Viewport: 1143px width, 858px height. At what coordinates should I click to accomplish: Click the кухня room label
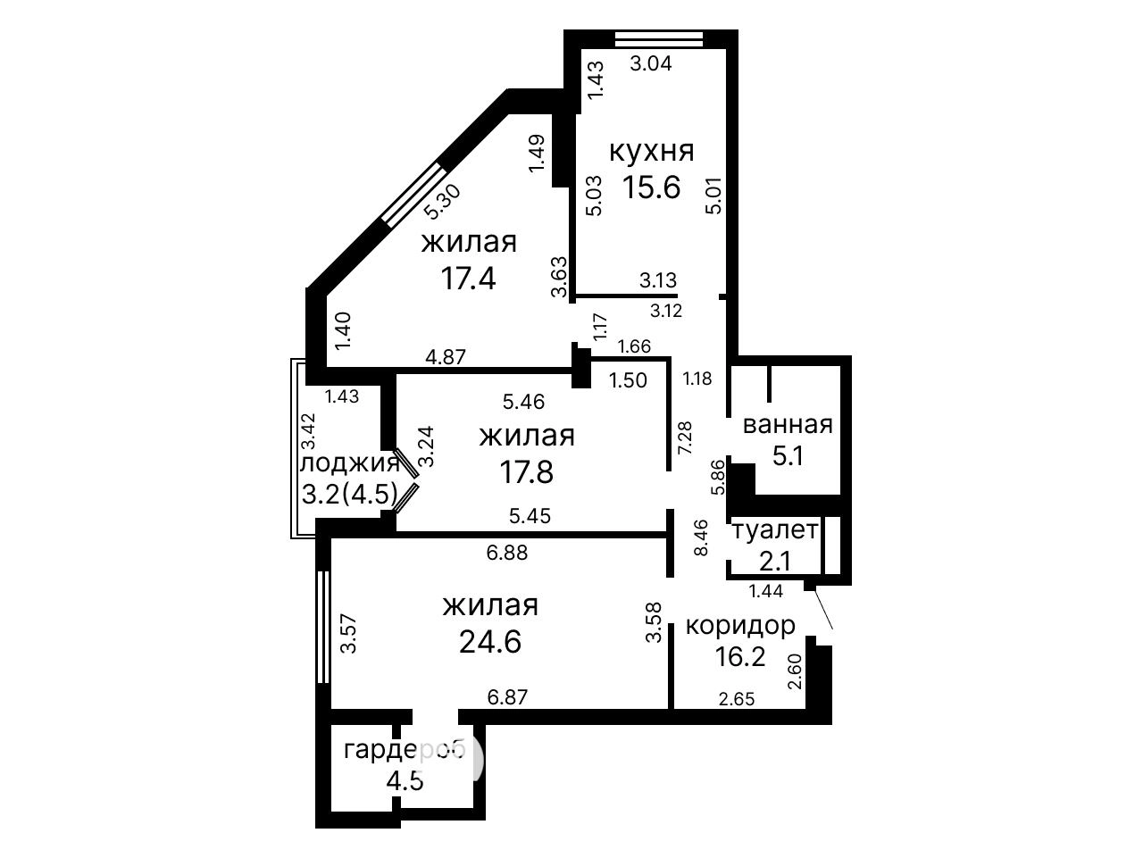[652, 152]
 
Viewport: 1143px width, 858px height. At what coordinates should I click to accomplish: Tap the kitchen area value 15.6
[652, 187]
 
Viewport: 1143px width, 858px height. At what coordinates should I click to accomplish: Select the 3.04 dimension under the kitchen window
[651, 63]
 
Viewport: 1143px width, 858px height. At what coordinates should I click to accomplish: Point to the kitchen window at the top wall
[659, 39]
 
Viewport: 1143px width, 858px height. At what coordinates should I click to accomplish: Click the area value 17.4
[468, 278]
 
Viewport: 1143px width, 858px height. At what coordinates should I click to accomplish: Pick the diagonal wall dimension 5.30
[442, 202]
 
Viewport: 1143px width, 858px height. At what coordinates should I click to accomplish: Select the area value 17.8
[527, 471]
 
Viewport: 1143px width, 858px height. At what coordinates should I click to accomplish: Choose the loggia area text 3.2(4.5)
[350, 494]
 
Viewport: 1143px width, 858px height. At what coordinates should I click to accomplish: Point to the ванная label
[788, 425]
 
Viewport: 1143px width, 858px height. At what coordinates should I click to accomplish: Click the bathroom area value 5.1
[788, 456]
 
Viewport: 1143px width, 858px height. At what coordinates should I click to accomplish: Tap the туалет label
[775, 530]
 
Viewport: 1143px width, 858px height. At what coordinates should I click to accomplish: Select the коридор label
[740, 625]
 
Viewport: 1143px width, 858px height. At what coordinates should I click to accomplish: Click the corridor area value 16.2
[740, 656]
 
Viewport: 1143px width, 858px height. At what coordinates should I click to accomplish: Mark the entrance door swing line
[823, 608]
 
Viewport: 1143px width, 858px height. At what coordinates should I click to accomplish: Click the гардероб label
[404, 751]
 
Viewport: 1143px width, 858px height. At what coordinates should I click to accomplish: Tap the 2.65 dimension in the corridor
[737, 699]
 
